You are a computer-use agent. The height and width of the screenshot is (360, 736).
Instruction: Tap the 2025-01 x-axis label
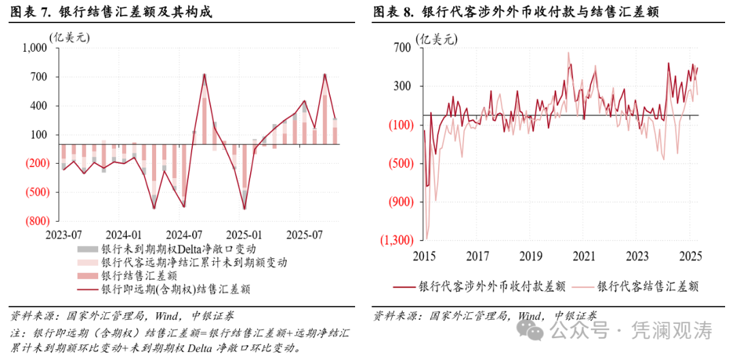pyautogui.click(x=244, y=234)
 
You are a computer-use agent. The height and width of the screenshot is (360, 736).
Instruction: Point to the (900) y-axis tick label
pyautogui.click(x=401, y=202)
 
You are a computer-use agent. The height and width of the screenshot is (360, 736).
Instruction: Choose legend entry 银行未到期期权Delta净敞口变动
pyautogui.click(x=179, y=249)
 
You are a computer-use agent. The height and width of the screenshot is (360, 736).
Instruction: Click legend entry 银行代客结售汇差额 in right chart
pyautogui.click(x=647, y=286)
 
